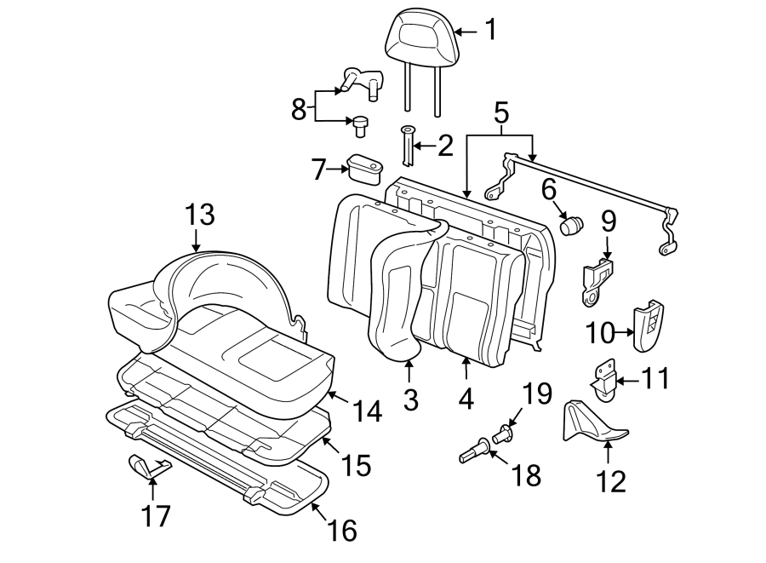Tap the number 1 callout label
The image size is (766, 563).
click(x=489, y=31)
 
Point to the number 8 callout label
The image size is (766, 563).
click(x=298, y=108)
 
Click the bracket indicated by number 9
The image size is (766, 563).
click(x=597, y=282)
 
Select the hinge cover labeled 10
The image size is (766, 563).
click(x=651, y=325)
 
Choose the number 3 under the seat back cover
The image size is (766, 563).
click(x=410, y=399)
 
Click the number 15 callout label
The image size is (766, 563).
click(x=356, y=464)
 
